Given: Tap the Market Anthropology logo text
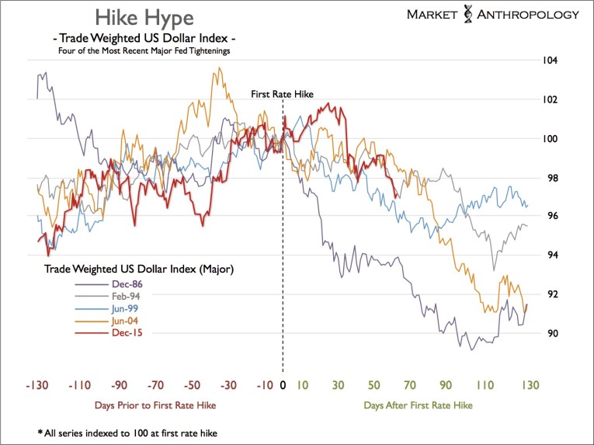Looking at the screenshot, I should tap(493, 14).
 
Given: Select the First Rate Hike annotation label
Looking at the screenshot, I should tap(282, 94).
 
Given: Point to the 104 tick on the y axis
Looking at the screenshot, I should tap(550, 61).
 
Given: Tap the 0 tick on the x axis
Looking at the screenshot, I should tap(283, 384).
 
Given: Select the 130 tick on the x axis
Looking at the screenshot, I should tap(530, 384).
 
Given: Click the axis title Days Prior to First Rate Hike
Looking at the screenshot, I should tap(155, 405).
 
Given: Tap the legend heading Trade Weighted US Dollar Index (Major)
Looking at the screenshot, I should tap(138, 269).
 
